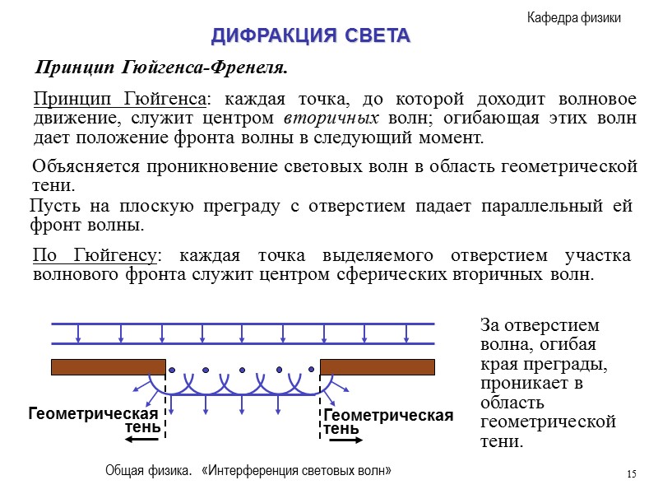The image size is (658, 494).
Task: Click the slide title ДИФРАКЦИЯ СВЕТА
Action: click(310, 36)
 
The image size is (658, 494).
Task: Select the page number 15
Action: click(631, 473)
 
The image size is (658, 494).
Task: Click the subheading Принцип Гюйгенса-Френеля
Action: click(161, 65)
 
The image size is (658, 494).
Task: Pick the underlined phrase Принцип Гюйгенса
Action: click(120, 99)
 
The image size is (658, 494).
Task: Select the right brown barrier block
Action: click(377, 366)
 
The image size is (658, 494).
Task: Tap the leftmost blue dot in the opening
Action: click(172, 370)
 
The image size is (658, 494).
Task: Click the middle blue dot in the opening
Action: click(242, 370)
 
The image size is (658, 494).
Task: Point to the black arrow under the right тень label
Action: click(346, 440)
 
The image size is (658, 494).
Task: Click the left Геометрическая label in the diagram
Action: click(92, 413)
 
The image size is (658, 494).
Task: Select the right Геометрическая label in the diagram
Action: click(388, 416)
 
